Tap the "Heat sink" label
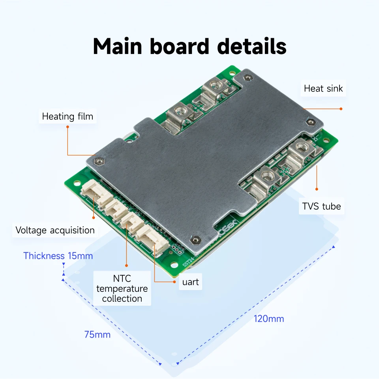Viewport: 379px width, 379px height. (323, 89)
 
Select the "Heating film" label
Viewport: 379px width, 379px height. (68, 116)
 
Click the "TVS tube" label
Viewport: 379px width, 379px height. (321, 206)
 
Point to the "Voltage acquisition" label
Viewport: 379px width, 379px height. (55, 230)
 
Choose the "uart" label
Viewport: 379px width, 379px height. (190, 282)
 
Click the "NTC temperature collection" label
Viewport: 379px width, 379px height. (122, 289)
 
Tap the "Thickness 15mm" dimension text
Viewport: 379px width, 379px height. (58, 256)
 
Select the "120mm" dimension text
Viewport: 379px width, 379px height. (269, 319)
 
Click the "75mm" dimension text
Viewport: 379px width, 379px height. (98, 335)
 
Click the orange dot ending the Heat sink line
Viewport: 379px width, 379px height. (341, 108)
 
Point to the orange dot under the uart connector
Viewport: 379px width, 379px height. (174, 282)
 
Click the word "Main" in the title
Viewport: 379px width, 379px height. (118, 47)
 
